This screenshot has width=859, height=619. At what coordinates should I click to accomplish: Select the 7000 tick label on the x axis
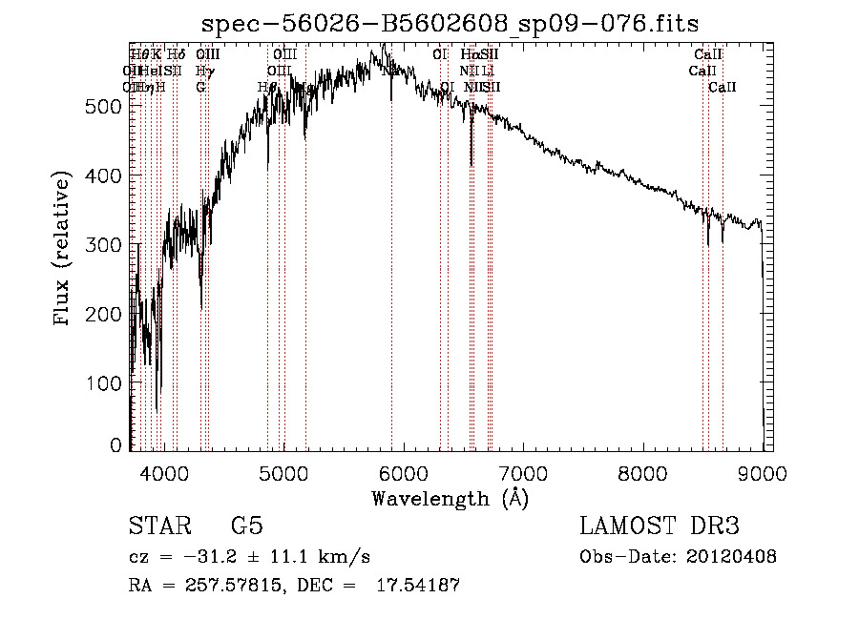click(523, 473)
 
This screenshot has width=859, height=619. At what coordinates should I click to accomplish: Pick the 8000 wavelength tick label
click(642, 473)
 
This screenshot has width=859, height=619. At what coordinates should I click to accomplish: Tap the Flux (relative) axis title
click(64, 250)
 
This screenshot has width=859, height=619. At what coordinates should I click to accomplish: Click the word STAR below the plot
click(157, 526)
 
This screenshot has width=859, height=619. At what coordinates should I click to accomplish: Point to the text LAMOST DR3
click(659, 526)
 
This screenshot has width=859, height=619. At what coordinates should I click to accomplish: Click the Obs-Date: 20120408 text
click(678, 557)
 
